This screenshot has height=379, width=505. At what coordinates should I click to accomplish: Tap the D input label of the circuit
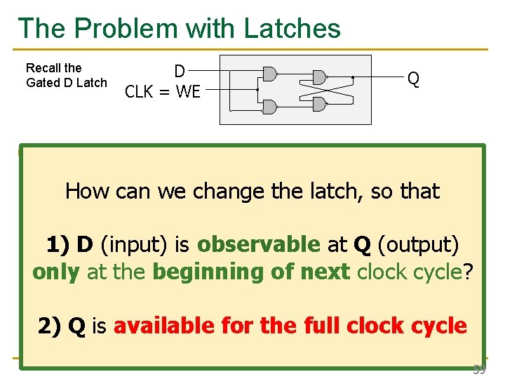pos(180,71)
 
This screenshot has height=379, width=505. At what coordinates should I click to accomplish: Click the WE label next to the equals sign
pos(188,91)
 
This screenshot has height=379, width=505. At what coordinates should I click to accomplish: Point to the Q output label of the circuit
pos(414,79)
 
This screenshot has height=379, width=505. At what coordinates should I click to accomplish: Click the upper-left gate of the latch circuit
pos(269,74)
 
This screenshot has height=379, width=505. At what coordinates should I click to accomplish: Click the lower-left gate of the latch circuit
pos(269,106)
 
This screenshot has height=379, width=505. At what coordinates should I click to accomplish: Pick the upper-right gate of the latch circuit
pos(319,77)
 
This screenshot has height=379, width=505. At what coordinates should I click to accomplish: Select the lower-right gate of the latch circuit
pos(319,104)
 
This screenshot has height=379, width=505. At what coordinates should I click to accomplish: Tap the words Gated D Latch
pos(67,83)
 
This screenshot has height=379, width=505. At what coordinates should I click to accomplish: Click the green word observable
pos(259,244)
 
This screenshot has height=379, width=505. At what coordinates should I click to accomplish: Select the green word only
pos(56,272)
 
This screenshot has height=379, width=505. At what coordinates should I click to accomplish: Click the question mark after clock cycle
pos(469,272)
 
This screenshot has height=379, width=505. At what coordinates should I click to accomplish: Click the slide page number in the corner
pos(479,369)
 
